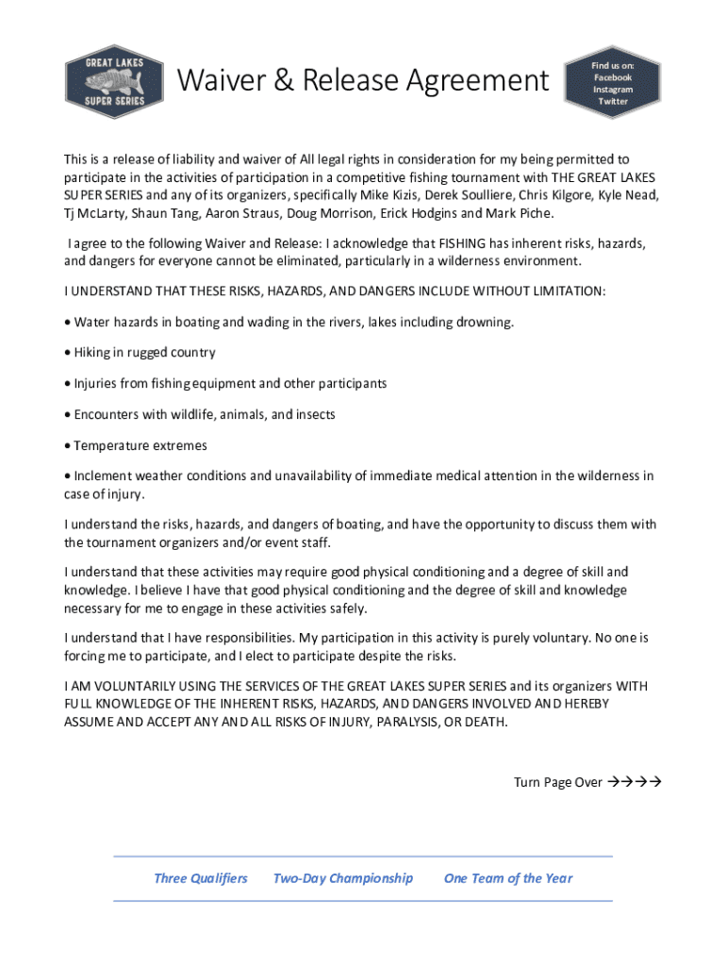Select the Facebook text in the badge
pos(612,77)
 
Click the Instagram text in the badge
pos(612,90)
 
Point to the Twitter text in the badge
pos(612,102)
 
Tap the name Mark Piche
pos(518,213)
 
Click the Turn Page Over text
pos(557,782)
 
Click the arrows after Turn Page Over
pos(634,782)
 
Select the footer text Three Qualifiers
pos(201,878)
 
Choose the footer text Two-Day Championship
pos(342,878)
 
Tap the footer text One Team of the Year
pos(508,878)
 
